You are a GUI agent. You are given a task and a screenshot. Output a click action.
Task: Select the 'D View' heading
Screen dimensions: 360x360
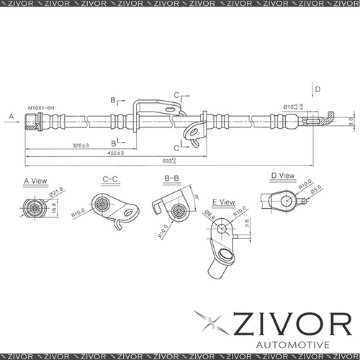(283, 175)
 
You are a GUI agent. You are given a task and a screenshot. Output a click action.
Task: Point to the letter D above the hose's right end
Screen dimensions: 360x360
(318, 89)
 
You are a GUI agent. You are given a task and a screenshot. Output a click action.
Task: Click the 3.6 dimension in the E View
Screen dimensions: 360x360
(247, 225)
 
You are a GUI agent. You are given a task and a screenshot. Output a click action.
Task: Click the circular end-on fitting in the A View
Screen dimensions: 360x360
(35, 208)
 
